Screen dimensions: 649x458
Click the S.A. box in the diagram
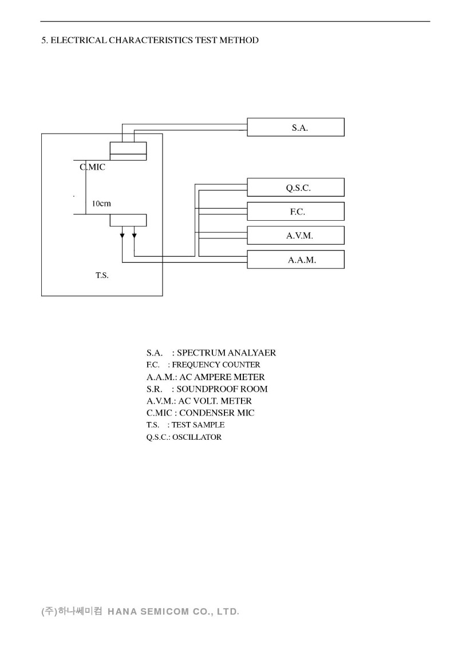pyautogui.click(x=295, y=127)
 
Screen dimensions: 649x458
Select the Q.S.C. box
pyautogui.click(x=295, y=187)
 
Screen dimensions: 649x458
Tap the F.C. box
pyautogui.click(x=295, y=212)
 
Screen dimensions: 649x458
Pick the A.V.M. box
pyautogui.click(x=295, y=236)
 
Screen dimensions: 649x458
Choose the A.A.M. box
pyautogui.click(x=295, y=260)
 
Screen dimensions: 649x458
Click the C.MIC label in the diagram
pyautogui.click(x=92, y=167)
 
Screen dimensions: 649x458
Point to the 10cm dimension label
pyautogui.click(x=101, y=204)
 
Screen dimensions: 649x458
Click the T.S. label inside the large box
pyautogui.click(x=102, y=275)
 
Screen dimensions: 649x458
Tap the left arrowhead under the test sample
pyautogui.click(x=123, y=234)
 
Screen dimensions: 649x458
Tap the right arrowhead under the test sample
pyautogui.click(x=135, y=234)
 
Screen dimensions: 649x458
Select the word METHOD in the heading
pyautogui.click(x=240, y=40)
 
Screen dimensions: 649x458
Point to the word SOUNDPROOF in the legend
pyautogui.click(x=202, y=389)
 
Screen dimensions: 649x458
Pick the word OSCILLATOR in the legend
pyautogui.click(x=196, y=437)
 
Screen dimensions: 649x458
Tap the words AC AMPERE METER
pyautogui.click(x=222, y=377)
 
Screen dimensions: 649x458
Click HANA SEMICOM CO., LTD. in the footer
pyautogui.click(x=173, y=611)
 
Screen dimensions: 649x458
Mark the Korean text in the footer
pyautogui.click(x=72, y=611)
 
